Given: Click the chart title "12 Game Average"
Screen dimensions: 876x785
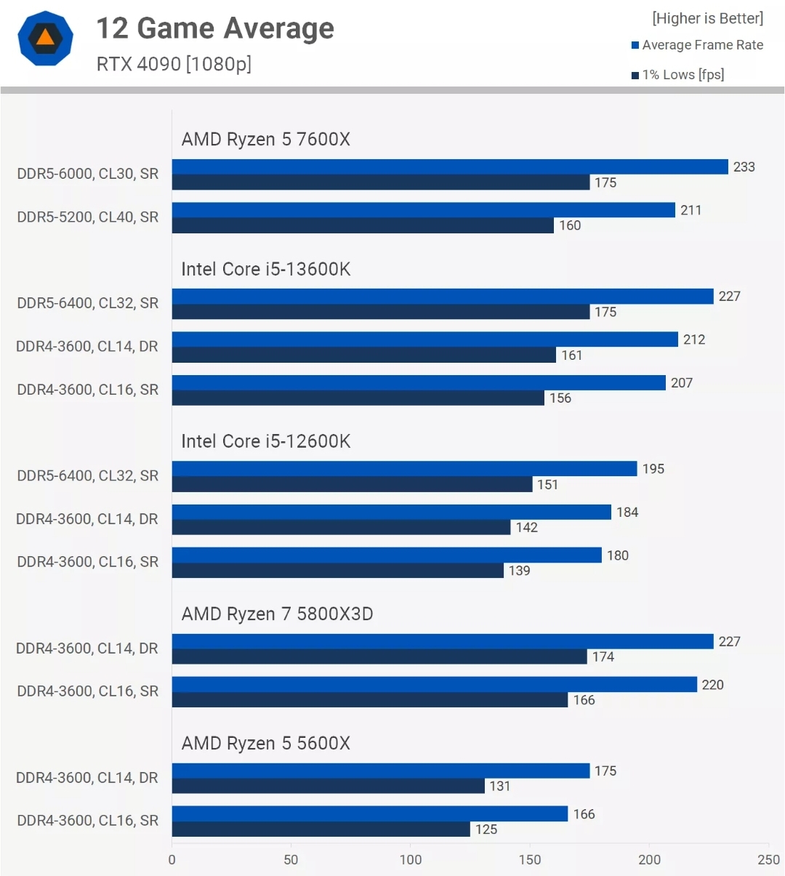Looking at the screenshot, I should pyautogui.click(x=215, y=29).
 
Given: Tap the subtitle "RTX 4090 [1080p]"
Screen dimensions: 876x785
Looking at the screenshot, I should pyautogui.click(x=174, y=64).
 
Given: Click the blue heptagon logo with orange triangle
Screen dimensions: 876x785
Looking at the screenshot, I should pyautogui.click(x=45, y=38).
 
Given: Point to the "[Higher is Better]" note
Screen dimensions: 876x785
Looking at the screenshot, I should pyautogui.click(x=707, y=18).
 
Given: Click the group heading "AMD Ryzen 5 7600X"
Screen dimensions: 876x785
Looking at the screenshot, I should pyautogui.click(x=265, y=140).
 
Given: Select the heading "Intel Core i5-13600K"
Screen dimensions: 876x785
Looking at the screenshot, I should pyautogui.click(x=265, y=269).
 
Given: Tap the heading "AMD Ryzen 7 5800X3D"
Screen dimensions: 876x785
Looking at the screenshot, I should pyautogui.click(x=277, y=614).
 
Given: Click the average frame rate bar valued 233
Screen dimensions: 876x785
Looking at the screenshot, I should pyautogui.click(x=450, y=167).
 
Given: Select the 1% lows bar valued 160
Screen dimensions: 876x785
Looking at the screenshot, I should pyautogui.click(x=363, y=226).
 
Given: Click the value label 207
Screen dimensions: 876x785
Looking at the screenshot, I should pyautogui.click(x=682, y=383).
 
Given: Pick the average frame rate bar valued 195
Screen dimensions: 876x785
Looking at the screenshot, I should pyautogui.click(x=404, y=469).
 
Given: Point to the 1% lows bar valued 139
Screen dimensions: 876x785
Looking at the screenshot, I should pyautogui.click(x=337, y=571).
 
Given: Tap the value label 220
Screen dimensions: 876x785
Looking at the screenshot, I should pyautogui.click(x=712, y=685).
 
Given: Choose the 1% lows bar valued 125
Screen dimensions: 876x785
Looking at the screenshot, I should pyautogui.click(x=321, y=829).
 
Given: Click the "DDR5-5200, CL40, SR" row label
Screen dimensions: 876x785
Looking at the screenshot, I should pyautogui.click(x=87, y=217).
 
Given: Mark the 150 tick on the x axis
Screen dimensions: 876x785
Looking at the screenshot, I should pyautogui.click(x=530, y=859).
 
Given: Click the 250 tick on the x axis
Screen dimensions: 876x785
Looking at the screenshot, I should pyautogui.click(x=768, y=859).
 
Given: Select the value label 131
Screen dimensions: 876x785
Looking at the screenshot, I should pyautogui.click(x=500, y=787).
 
